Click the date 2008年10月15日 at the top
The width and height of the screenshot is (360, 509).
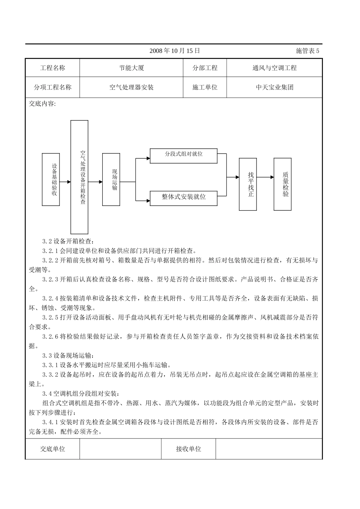click(x=174, y=51)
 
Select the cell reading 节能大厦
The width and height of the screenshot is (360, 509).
click(x=131, y=68)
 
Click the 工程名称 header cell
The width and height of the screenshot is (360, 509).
click(x=53, y=68)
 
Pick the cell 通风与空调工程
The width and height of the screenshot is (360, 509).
click(x=274, y=68)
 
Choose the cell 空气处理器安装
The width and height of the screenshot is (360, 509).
click(x=131, y=87)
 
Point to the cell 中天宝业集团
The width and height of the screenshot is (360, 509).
click(x=274, y=87)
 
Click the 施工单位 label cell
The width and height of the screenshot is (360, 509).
click(x=205, y=87)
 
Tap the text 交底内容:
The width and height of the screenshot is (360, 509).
click(x=42, y=104)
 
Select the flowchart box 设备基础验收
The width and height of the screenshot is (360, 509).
click(x=51, y=180)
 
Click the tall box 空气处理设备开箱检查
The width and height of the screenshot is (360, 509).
click(x=80, y=177)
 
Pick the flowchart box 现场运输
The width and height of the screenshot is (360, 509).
click(x=111, y=180)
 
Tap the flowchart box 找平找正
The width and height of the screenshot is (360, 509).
click(x=248, y=184)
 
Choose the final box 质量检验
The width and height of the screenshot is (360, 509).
click(x=283, y=184)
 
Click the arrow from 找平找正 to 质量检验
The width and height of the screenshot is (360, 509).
click(x=265, y=177)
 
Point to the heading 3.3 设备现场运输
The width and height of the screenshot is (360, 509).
click(x=67, y=356)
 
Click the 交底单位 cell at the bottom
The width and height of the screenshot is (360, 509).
click(x=53, y=449)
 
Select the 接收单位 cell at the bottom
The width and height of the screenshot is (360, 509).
click(x=188, y=449)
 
